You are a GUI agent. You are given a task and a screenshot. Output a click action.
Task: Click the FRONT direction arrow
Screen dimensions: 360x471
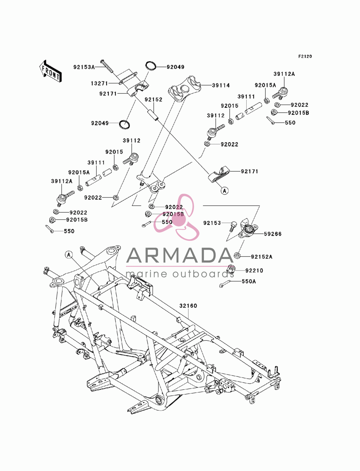[51, 71]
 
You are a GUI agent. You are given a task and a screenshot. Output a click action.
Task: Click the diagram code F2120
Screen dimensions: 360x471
[305, 56]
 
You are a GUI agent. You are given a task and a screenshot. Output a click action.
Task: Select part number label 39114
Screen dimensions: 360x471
[221, 85]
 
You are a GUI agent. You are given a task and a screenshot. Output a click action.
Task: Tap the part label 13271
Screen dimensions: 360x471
[99, 83]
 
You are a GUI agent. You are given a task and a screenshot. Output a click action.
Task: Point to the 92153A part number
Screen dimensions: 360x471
[84, 67]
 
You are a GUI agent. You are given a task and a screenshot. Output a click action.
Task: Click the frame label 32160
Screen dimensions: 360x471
[188, 305]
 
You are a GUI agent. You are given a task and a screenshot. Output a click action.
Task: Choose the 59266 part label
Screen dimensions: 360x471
[273, 234]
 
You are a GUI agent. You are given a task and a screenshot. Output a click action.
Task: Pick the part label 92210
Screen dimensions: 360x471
[254, 271]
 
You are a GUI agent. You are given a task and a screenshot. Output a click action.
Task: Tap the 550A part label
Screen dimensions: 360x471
[249, 281]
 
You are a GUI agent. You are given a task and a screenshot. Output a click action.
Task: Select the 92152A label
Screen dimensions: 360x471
[262, 257]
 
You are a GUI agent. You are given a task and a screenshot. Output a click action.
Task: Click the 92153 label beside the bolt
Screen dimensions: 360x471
[212, 223]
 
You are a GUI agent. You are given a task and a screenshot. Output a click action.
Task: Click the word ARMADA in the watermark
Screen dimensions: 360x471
[180, 255]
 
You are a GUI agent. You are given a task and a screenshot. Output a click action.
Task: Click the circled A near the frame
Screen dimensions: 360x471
[69, 255]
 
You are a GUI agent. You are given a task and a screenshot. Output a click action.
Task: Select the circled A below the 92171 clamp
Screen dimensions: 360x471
[225, 190]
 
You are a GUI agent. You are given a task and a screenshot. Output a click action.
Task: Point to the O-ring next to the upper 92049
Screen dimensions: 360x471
[151, 66]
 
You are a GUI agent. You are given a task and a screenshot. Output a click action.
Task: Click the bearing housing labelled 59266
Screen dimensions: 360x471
[248, 228]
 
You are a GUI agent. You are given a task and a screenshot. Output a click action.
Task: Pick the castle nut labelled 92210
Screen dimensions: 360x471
[231, 270]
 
